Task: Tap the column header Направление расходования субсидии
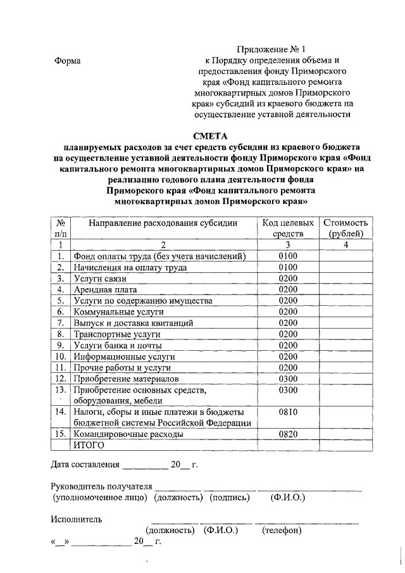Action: [163, 223]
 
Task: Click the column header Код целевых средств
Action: [288, 228]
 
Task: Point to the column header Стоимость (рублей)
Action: [346, 228]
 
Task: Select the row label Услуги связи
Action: [101, 278]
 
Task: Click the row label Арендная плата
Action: [104, 289]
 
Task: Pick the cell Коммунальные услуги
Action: [118, 312]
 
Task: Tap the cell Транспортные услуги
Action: [118, 334]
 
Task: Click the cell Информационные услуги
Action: [123, 356]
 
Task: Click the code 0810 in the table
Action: [288, 412]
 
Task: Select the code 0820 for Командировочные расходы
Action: [288, 434]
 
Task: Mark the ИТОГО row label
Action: [88, 446]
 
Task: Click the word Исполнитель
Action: [76, 519]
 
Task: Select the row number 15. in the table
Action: [61, 434]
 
